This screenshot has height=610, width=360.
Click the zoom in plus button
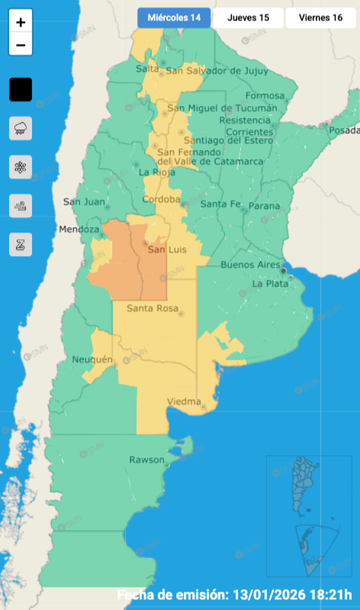click(21, 23)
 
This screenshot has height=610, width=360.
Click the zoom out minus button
click(21, 45)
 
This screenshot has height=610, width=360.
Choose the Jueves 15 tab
click(248, 18)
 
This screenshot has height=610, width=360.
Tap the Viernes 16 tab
click(320, 18)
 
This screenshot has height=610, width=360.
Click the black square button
click(21, 90)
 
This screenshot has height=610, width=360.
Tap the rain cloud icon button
click(21, 128)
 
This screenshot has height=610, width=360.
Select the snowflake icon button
click(21, 167)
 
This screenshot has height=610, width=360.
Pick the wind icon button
click(21, 206)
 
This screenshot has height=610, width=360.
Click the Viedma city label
click(184, 402)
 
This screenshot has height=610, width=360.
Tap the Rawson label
click(147, 460)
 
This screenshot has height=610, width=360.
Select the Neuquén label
click(92, 359)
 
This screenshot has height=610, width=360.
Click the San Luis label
click(166, 250)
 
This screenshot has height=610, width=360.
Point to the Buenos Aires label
click(250, 265)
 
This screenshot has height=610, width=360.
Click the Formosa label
click(264, 96)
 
